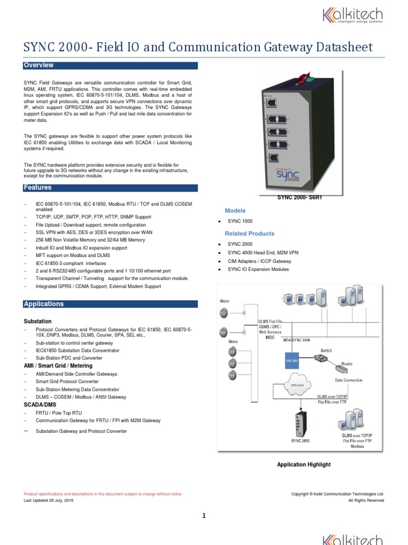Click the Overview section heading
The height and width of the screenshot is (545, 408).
[39, 65]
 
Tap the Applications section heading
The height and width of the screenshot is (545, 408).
[44, 304]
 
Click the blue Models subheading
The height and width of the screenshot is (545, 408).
[235, 211]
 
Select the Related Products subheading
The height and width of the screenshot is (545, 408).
[250, 234]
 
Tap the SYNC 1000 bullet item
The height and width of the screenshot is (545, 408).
[240, 221]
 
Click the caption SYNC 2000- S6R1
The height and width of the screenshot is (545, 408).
[300, 197]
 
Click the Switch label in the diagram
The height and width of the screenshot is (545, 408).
[326, 351]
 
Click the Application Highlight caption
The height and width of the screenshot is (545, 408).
[304, 465]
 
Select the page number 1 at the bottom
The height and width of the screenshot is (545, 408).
[203, 515]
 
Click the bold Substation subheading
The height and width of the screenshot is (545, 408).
[38, 321]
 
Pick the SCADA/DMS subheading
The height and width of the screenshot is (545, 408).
[39, 405]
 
